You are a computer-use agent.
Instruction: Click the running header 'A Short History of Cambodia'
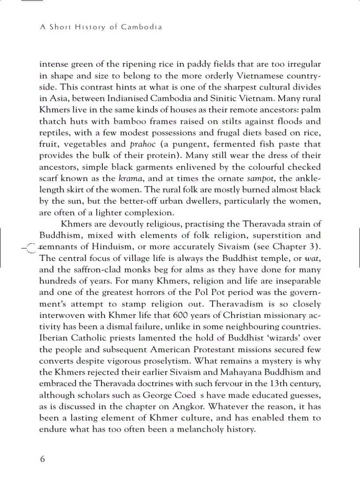coord(101,27)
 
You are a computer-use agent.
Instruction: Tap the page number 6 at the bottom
coord(42,459)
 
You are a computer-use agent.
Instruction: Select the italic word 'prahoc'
coord(143,144)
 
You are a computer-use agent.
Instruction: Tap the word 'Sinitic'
coord(253,98)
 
